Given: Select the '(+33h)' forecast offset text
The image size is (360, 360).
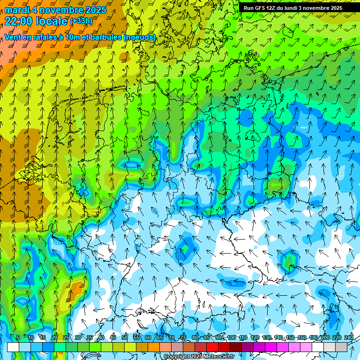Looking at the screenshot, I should coord(81,21).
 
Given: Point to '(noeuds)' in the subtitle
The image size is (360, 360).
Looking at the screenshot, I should coord(140,37).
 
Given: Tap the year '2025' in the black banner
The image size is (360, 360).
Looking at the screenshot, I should coord(333,8).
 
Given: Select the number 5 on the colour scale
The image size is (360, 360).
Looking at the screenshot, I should coord(18,337).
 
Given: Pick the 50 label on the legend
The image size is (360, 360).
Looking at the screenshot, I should coord(125,337).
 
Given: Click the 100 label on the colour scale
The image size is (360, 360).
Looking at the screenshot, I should coord(232,337).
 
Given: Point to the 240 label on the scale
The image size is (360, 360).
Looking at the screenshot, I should coord(349,337).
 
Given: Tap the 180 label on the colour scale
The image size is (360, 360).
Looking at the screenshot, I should coord(314,337).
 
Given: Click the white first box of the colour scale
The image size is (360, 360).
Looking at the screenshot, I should coord(13,347).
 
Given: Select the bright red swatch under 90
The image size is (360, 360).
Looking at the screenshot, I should coord(212,347).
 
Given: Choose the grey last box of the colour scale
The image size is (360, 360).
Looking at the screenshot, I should coord(341,347).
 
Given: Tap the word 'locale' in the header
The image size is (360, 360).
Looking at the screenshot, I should coord(50,21).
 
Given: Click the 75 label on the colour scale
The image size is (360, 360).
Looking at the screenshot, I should coord(183,337).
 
